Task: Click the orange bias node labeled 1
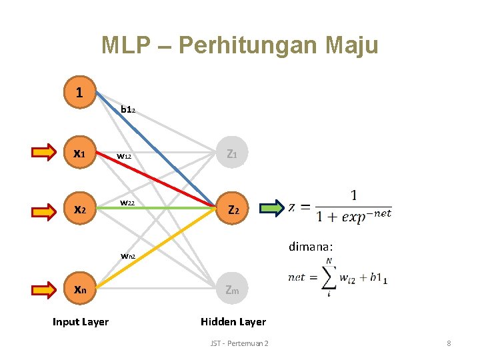tap(79, 92)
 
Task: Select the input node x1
tap(79, 153)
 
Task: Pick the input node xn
tap(79, 289)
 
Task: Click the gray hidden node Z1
tap(233, 153)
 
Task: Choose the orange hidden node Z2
tap(233, 209)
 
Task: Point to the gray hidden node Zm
tap(233, 289)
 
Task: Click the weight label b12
tap(128, 109)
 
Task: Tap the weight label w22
tap(129, 203)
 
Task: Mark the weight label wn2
tap(128, 255)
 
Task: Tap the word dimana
tap(310, 246)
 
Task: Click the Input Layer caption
tap(80, 322)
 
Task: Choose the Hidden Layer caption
tap(233, 321)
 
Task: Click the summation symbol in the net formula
tap(327, 276)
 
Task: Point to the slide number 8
tap(449, 343)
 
